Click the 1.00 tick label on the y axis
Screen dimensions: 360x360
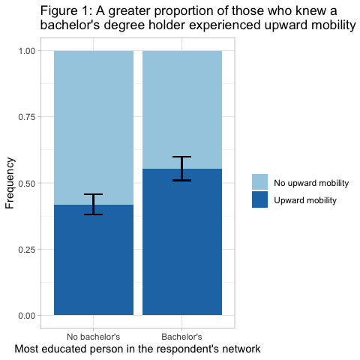[27, 51]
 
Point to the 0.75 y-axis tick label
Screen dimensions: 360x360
[27, 117]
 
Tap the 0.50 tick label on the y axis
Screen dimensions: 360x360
[27, 183]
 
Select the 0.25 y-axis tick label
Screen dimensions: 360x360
[27, 249]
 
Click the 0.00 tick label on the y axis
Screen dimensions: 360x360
[27, 316]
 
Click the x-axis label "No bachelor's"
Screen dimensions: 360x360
[94, 337]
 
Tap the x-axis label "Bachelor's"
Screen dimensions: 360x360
[181, 337]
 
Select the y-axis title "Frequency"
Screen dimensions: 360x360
[10, 183]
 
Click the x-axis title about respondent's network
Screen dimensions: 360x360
[137, 349]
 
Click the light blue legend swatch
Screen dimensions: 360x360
[259, 181]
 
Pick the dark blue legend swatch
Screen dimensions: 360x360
[259, 199]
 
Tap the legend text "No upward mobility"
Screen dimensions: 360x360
[311, 183]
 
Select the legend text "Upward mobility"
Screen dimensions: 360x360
[305, 200]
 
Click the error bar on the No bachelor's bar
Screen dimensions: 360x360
[94, 204]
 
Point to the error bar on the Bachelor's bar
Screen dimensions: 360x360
[182, 169]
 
